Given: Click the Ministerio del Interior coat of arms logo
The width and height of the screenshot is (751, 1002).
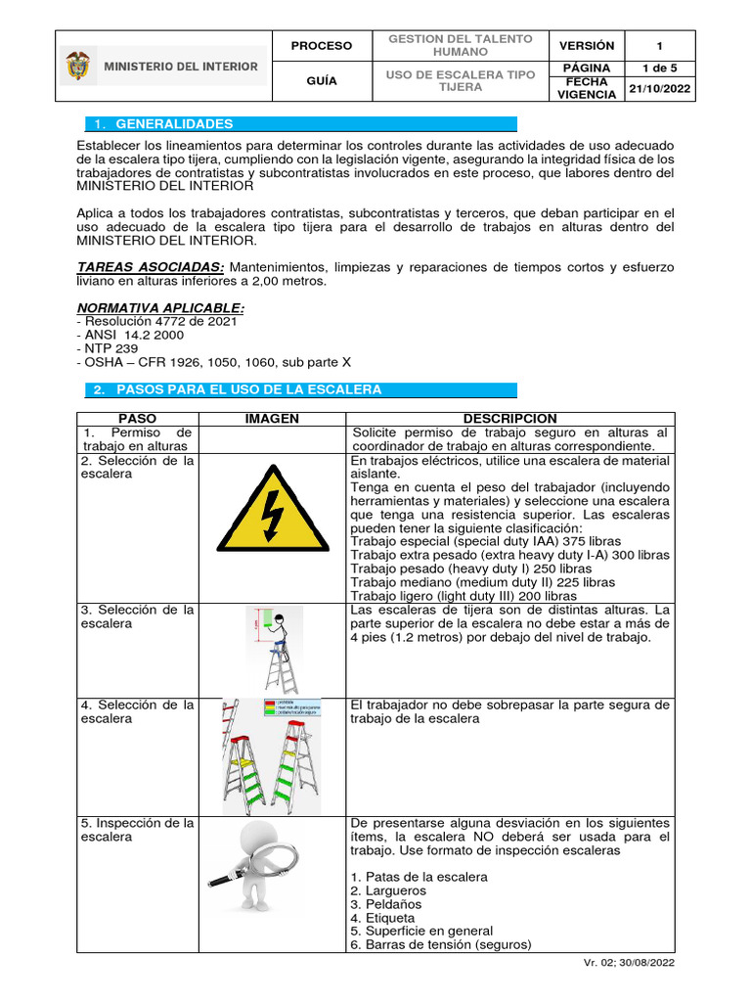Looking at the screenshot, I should [x=76, y=67].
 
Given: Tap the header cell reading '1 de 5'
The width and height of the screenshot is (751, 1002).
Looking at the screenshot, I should [x=659, y=67].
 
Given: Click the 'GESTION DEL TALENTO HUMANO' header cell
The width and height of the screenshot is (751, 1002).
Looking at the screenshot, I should [x=460, y=45].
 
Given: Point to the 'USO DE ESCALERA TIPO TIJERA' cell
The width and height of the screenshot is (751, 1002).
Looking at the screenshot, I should [x=460, y=80].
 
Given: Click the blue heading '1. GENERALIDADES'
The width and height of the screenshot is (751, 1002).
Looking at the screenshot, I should [x=174, y=124].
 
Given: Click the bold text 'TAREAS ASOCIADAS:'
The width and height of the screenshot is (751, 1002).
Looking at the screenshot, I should [x=152, y=267].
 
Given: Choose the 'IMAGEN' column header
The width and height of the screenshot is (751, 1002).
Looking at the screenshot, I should [x=272, y=418].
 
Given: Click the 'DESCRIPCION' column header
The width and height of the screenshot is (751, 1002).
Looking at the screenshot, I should [x=512, y=418].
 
